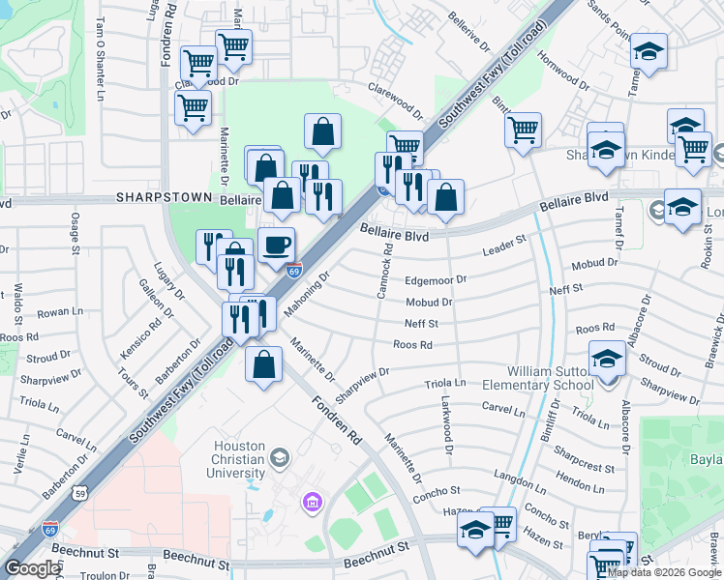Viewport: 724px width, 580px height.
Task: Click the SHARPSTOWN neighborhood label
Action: pos(157,196)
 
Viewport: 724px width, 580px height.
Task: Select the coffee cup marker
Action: pos(277,245)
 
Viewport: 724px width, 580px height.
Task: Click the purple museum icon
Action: pos(313,501)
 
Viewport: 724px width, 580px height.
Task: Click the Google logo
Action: pos(32,568)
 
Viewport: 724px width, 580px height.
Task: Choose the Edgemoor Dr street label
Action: pos(436,280)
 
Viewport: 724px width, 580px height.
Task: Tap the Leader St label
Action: pos(503,248)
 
